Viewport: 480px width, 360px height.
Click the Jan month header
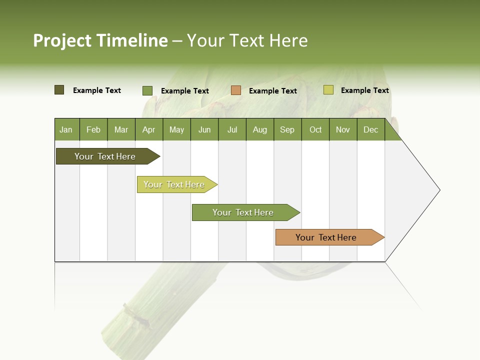point(66,129)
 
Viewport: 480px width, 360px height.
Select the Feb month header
point(93,129)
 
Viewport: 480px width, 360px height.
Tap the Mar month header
point(121,129)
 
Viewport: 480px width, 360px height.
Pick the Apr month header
point(149,129)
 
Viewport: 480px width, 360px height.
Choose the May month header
point(176,129)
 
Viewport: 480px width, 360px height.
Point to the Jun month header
point(204,129)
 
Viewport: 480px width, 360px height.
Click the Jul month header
point(232,129)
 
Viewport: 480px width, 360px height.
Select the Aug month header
point(260,129)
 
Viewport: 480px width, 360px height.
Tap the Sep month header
point(287,129)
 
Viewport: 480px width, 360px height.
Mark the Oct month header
point(315,129)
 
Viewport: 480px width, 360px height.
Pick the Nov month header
point(343,129)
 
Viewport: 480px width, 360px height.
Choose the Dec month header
point(371,129)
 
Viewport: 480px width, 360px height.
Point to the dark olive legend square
point(59,90)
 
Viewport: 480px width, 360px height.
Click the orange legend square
point(236,90)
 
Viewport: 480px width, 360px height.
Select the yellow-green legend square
point(328,90)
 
